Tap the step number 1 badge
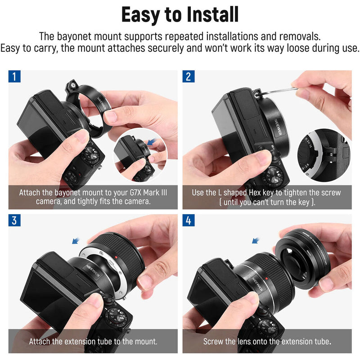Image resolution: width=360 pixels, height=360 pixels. (x=14, y=76)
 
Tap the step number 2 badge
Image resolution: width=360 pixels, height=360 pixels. (x=188, y=76)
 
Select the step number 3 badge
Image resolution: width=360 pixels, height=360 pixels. (x=14, y=220)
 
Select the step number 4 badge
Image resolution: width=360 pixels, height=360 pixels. (x=188, y=220)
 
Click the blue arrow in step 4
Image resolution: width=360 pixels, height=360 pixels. (x=257, y=240)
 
